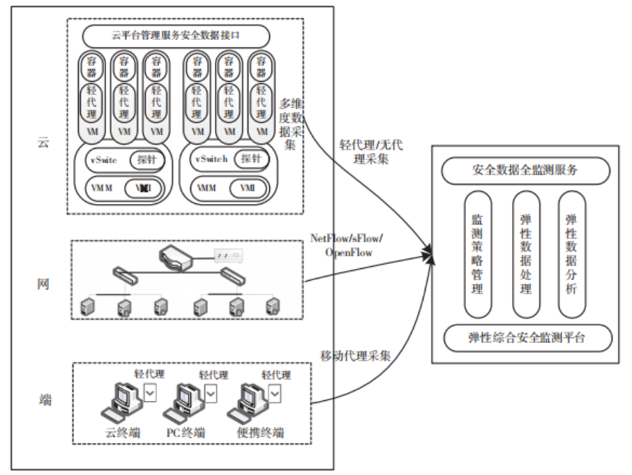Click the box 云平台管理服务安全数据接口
[x=176, y=35]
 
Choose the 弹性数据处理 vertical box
[x=525, y=255]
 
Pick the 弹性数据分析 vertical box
[x=571, y=255]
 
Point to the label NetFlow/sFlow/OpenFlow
[x=347, y=245]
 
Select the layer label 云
[x=44, y=144]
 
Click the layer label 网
[x=44, y=285]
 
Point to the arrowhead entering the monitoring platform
[x=430, y=257]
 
